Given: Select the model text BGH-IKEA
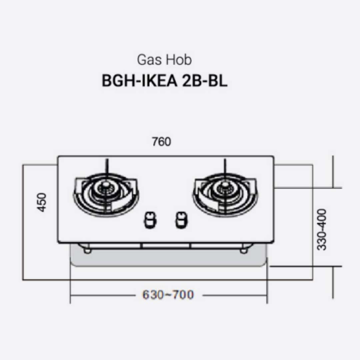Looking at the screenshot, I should pos(139,81).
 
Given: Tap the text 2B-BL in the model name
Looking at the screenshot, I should pos(204,81).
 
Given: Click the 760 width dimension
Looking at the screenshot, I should pos(161,142).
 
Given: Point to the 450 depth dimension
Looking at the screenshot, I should pos(42,202).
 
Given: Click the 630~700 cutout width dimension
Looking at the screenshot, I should pos(168,295).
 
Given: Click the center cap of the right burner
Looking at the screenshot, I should pos(225,187).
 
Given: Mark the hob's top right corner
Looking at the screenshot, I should pos(273,157).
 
